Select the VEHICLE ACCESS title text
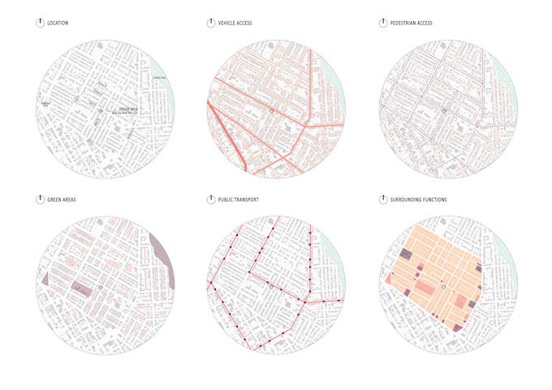coord(235,23)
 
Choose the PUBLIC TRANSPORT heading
coord(238,199)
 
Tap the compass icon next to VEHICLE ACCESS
coord(211,23)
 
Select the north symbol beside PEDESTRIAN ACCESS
coord(383,23)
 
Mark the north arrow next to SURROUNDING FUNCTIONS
coord(383,199)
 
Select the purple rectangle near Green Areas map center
coord(82,286)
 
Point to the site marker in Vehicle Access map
coord(272,110)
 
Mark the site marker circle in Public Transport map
coord(272,286)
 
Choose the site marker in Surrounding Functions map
coord(444,286)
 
